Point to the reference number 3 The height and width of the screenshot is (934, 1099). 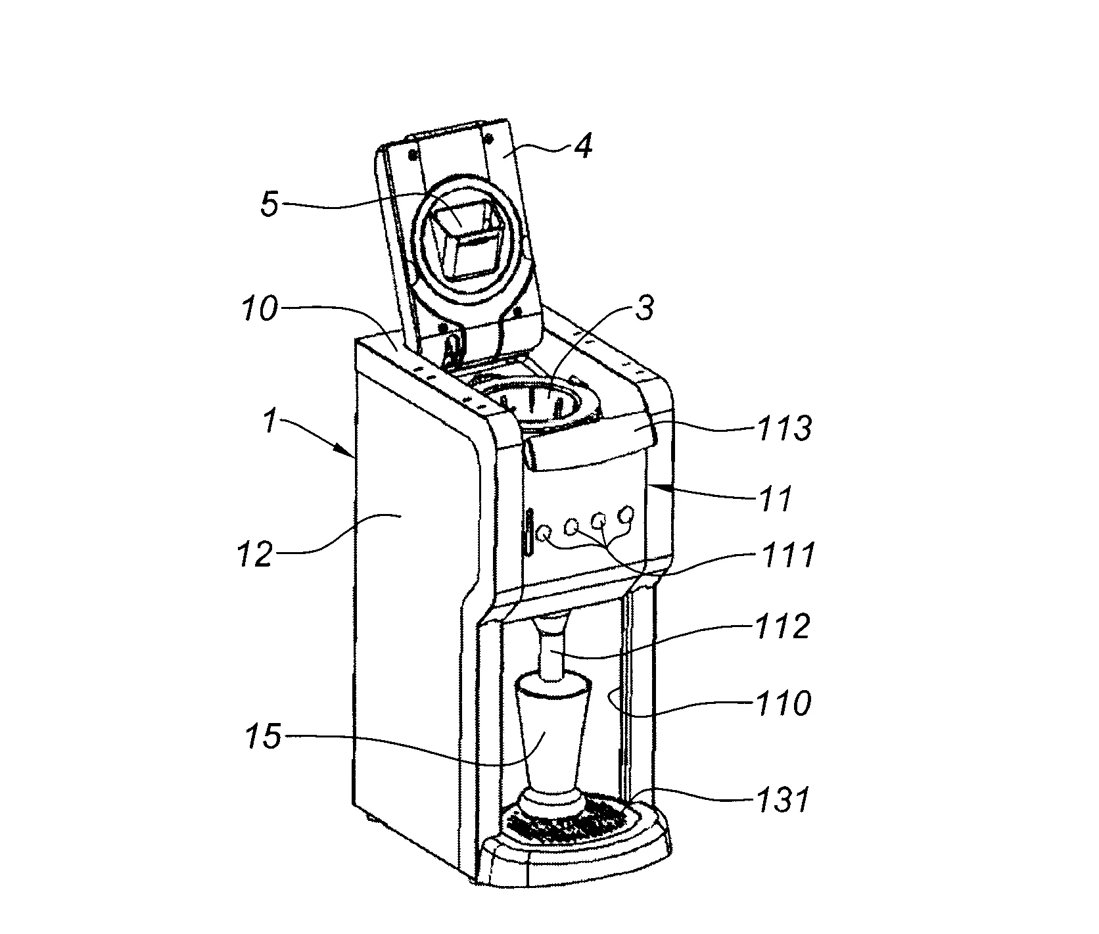pyautogui.click(x=645, y=308)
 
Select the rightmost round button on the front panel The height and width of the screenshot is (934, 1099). pyautogui.click(x=626, y=513)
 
